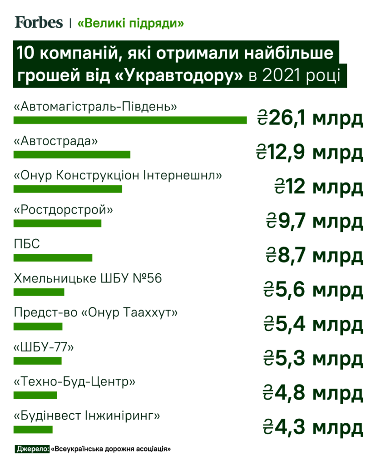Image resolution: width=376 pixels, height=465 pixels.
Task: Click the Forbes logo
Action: click(x=39, y=22)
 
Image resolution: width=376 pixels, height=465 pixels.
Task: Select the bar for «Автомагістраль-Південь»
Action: click(x=130, y=120)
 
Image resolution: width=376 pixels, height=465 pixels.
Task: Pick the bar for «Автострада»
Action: click(x=72, y=154)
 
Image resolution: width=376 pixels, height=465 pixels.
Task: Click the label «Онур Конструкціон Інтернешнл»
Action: click(x=118, y=176)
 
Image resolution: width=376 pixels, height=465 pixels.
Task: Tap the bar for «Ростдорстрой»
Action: click(x=57, y=223)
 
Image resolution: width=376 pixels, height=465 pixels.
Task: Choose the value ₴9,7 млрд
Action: click(x=315, y=222)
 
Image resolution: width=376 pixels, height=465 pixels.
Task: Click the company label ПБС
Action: click(x=27, y=244)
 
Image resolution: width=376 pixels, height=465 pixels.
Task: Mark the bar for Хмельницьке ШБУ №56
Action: click(x=39, y=292)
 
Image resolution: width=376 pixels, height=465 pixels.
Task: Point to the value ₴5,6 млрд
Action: click(x=313, y=290)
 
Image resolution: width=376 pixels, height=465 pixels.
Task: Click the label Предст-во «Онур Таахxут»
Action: click(x=96, y=313)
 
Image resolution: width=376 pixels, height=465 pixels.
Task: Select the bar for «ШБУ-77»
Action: click(x=37, y=361)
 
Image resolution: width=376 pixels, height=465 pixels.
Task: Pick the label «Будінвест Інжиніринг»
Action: click(x=88, y=416)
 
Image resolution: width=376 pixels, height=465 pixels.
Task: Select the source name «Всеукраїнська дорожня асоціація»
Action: click(x=111, y=449)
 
